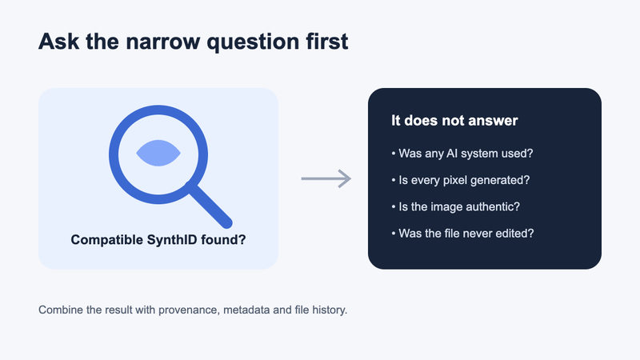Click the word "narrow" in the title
click(163, 42)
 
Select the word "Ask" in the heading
click(58, 42)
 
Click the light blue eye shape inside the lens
click(158, 153)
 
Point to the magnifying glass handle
click(209, 205)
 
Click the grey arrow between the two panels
click(326, 178)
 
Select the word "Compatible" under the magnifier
click(107, 239)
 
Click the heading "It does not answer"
click(454, 121)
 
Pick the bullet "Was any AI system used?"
click(462, 154)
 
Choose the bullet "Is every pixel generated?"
click(461, 180)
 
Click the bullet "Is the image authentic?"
click(455, 206)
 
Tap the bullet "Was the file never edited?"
click(462, 233)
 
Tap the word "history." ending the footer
click(330, 310)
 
